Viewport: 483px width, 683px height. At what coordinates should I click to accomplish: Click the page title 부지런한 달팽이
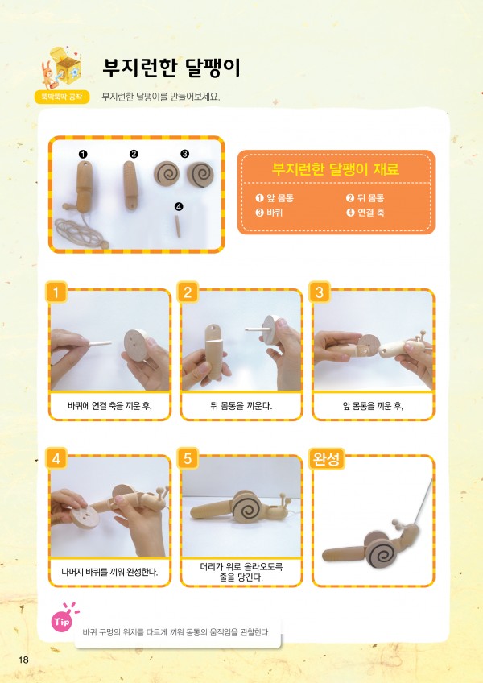(x=171, y=68)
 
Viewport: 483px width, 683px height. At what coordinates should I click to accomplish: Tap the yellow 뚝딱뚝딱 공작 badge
(x=62, y=97)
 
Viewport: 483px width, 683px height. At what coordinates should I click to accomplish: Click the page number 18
(x=23, y=660)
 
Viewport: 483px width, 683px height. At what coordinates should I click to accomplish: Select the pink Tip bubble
(x=61, y=622)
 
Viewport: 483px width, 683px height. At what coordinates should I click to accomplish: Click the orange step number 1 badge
(x=56, y=292)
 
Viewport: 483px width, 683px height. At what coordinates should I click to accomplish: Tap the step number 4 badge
(x=56, y=458)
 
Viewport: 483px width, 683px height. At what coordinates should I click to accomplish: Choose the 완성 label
(x=327, y=458)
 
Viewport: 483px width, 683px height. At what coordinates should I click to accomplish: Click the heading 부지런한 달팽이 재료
(x=336, y=168)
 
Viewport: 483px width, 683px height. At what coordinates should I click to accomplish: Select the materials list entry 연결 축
(x=365, y=213)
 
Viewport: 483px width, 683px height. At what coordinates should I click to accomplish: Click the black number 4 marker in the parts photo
(x=179, y=207)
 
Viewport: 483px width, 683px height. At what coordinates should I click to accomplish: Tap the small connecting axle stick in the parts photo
(x=178, y=226)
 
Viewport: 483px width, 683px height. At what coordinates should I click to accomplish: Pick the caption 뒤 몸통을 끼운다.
(x=242, y=406)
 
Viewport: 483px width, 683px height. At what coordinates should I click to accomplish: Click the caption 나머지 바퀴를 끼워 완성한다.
(x=109, y=572)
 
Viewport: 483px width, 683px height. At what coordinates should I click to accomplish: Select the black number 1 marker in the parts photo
(x=83, y=154)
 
